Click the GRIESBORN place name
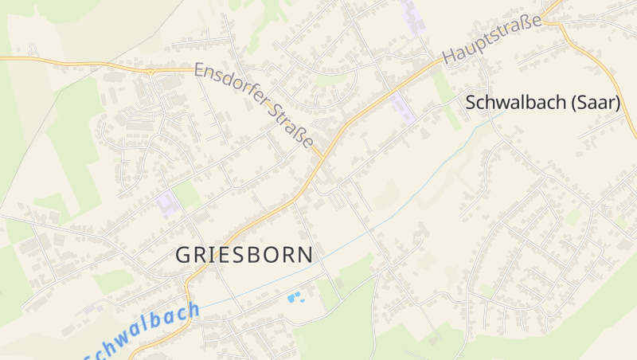click(x=244, y=254)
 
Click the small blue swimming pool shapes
click(x=295, y=298)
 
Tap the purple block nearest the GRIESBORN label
click(x=167, y=203)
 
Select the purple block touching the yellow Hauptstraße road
click(x=403, y=108)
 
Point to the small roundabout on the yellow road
click(x=150, y=70)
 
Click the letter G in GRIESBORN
click(x=182, y=254)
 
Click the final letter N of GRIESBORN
click(x=305, y=254)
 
